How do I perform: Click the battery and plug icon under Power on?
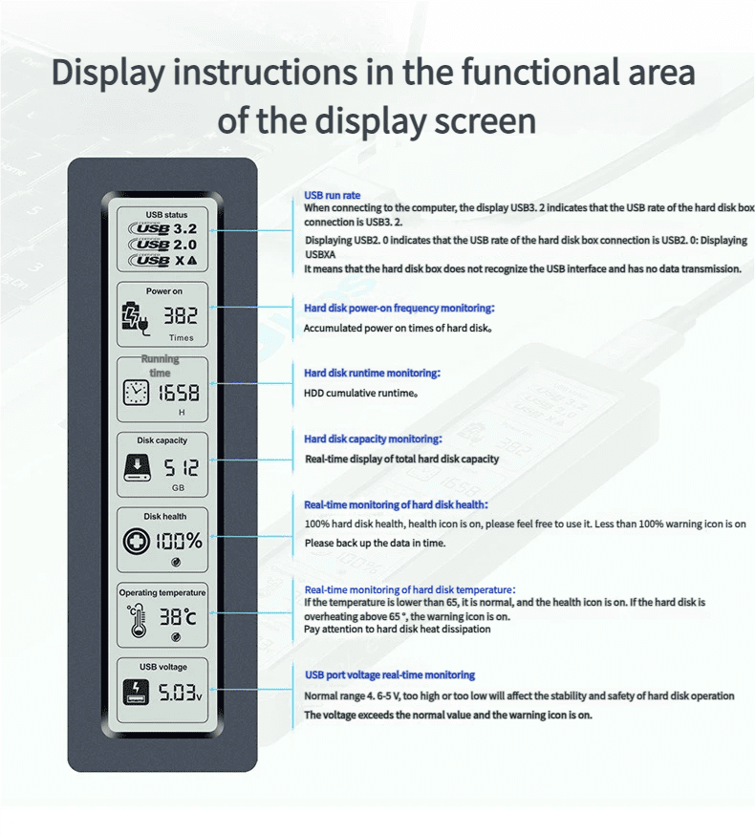(136, 319)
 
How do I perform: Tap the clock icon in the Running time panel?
(136, 393)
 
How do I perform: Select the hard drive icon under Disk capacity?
(138, 467)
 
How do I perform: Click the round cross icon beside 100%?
(137, 542)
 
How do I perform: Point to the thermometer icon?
(138, 620)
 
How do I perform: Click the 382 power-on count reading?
(181, 315)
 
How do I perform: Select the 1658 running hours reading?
(179, 393)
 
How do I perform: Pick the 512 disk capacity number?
(181, 468)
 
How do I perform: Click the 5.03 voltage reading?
(178, 693)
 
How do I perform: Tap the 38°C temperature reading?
(178, 617)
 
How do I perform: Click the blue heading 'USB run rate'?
(332, 195)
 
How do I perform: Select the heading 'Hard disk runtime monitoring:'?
(372, 373)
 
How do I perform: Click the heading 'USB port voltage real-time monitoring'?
(390, 675)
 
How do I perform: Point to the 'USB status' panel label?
(166, 215)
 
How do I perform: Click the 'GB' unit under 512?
(179, 488)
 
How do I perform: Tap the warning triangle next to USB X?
(192, 260)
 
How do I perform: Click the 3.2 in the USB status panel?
(185, 228)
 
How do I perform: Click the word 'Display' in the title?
(108, 73)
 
